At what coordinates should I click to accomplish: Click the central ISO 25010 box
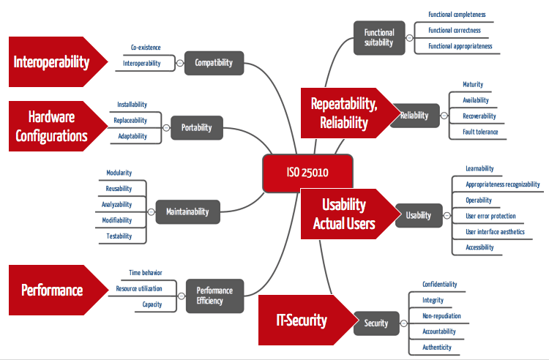[307, 173]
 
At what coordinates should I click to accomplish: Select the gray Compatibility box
[214, 63]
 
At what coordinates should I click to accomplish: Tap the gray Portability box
[197, 128]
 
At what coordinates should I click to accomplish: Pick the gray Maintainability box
[187, 211]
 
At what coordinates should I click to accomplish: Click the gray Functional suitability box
[379, 38]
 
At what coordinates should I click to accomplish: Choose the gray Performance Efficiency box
[214, 296]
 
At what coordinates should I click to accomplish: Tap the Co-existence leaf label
[146, 48]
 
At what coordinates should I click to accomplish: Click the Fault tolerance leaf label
[480, 132]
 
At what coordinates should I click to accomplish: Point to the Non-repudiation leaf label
[441, 316]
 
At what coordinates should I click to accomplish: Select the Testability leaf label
[119, 236]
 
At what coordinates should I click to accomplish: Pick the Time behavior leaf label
[146, 272]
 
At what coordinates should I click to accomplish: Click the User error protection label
[490, 216]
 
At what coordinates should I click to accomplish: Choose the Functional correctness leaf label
[455, 31]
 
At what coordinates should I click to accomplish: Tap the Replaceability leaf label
[130, 120]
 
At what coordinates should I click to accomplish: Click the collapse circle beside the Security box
[403, 323]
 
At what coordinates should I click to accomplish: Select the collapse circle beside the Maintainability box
[151, 212]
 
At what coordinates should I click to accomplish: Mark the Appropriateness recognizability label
[502, 184]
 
